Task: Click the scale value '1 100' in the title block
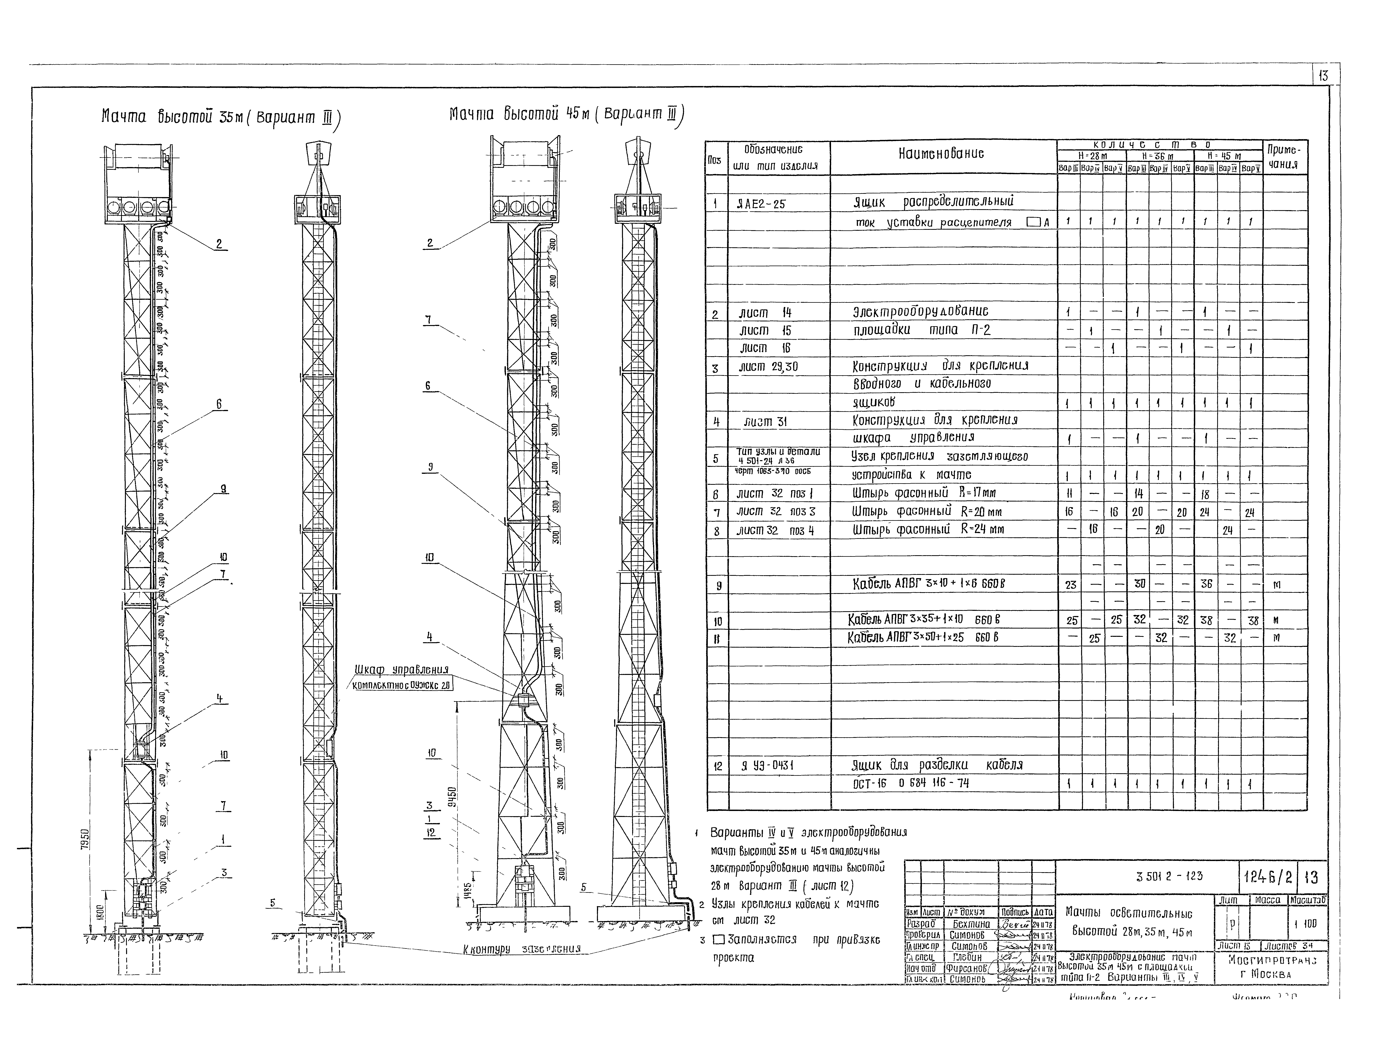tap(1307, 924)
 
